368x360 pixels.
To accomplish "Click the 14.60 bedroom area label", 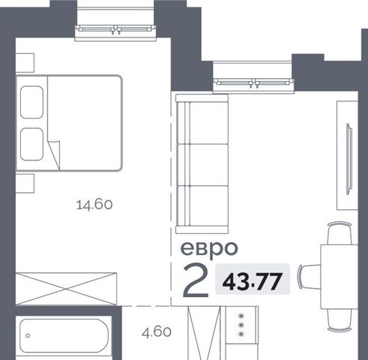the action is pos(94,205).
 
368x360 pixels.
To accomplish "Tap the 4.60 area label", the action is pos(157,332).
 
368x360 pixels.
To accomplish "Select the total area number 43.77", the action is pos(253,282).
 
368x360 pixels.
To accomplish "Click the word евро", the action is pos(209,250).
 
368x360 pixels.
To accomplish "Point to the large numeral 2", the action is pos(196,281).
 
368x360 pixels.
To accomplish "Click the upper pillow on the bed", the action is pos(31,102).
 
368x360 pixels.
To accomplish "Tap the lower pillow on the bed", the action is pos(31,144).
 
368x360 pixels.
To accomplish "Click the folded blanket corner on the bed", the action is pos(54,155).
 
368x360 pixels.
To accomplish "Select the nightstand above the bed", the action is pos(25,63).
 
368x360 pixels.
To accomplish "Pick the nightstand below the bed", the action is pos(25,184).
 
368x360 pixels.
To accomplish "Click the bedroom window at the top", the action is pos(115,29).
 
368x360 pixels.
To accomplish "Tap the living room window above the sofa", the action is pos(253,82).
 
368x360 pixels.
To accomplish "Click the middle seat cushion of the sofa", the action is pos(202,165).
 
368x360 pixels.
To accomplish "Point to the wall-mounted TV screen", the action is pos(349,159).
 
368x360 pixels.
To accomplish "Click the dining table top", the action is pos(340,277).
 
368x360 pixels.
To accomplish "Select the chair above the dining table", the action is pos(340,233).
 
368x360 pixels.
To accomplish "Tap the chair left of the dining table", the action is pos(310,277).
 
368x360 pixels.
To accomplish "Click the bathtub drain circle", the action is pos(28,336).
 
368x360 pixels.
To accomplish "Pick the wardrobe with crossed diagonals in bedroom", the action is pos(66,289).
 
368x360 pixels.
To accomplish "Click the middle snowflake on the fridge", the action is pos(241,325).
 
